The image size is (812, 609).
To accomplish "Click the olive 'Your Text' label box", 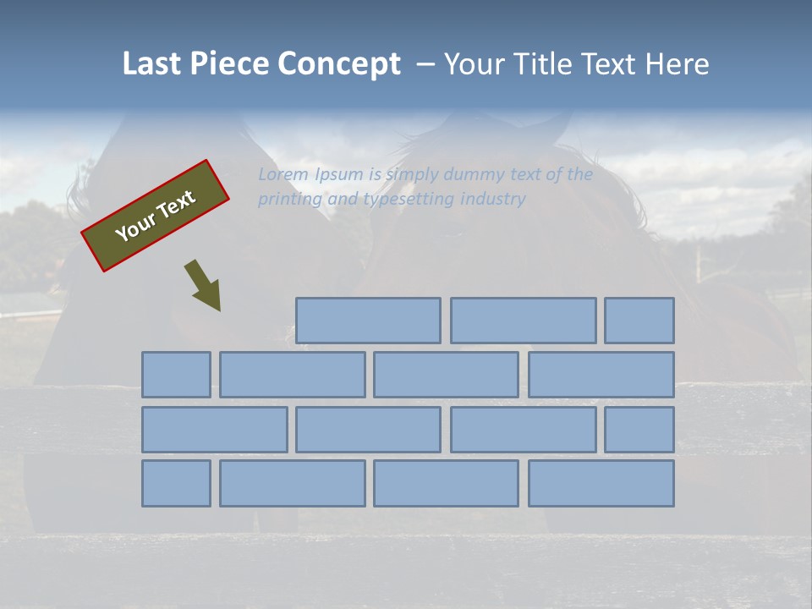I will [x=156, y=216].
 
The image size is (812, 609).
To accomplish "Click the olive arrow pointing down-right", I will [x=203, y=285].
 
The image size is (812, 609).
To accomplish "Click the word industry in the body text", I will [x=493, y=200].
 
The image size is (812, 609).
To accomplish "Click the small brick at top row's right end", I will [x=639, y=321].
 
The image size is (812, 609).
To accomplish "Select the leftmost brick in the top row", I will [x=368, y=321].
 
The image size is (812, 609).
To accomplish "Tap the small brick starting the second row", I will [x=176, y=375].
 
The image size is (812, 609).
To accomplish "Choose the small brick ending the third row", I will [x=639, y=430].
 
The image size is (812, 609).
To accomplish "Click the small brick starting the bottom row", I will [x=176, y=484].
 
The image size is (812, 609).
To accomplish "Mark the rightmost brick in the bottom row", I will [x=601, y=484].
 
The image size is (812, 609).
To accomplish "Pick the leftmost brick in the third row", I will [x=214, y=430].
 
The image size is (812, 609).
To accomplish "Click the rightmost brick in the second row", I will [x=601, y=375].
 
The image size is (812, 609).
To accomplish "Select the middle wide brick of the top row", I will [x=523, y=321].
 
